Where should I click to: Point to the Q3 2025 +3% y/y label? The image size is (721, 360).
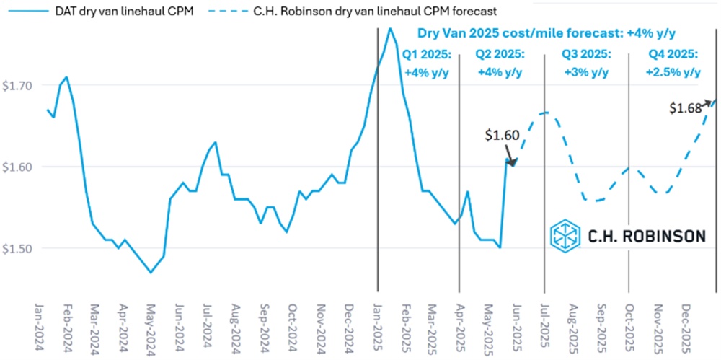pyautogui.click(x=585, y=63)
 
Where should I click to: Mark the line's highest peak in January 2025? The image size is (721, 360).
pyautogui.click(x=390, y=28)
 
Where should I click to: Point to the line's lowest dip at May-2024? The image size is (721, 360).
pyautogui.click(x=150, y=272)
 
